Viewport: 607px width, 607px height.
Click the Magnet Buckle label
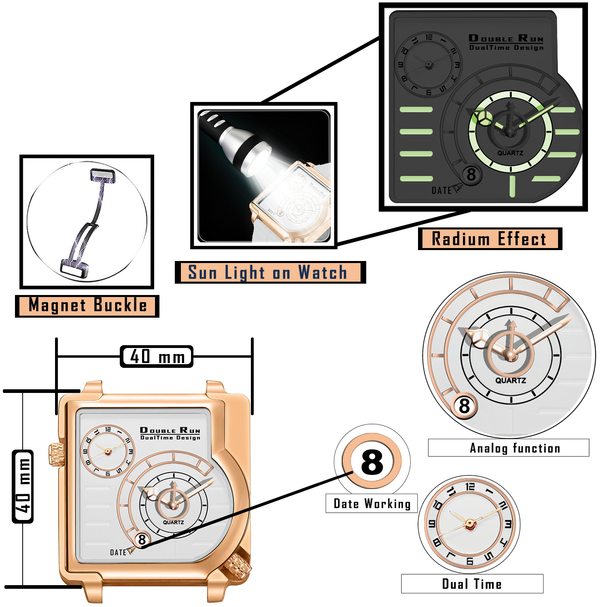tap(87, 306)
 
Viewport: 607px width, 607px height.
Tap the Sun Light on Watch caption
tap(268, 272)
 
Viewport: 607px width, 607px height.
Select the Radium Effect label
tap(489, 239)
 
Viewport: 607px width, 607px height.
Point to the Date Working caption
tap(371, 503)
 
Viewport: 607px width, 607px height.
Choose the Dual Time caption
tap(472, 584)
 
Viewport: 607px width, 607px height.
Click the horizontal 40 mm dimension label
tap(157, 357)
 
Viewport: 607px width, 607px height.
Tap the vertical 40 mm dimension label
tap(23, 486)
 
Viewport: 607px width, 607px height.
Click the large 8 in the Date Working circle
tap(371, 462)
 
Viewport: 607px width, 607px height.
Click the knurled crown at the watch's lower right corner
tap(238, 566)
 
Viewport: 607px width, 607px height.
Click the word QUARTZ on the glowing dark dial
tap(510, 153)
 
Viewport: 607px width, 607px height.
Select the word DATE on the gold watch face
tap(118, 552)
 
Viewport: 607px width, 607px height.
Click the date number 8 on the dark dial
tap(471, 175)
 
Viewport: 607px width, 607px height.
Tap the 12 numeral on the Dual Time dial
tap(470, 486)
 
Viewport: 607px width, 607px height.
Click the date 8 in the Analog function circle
tap(464, 405)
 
